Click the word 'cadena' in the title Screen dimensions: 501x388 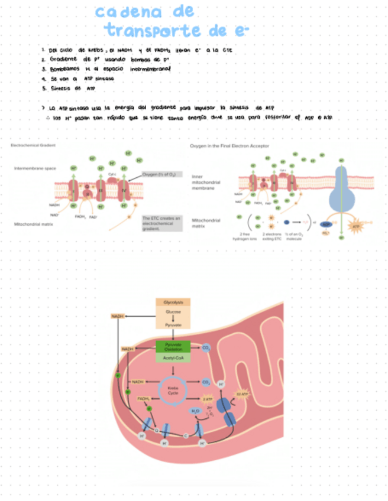[x=128, y=11]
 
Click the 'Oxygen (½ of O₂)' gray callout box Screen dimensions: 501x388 [x=159, y=175]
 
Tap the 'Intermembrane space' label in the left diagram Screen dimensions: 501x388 [x=35, y=168]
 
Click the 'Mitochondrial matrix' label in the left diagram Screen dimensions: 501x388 [x=33, y=225]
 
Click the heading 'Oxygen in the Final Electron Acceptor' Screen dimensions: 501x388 [x=229, y=145]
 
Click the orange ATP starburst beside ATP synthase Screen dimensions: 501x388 [x=356, y=226]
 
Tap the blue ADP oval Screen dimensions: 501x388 [x=326, y=225]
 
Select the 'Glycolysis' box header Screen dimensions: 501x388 [x=173, y=302]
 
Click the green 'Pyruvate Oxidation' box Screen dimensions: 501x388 [x=173, y=347]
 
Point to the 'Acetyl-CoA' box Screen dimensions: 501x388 [x=173, y=358]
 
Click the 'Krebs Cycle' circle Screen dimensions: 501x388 [x=173, y=391]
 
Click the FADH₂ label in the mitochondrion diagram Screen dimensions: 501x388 [x=144, y=399]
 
